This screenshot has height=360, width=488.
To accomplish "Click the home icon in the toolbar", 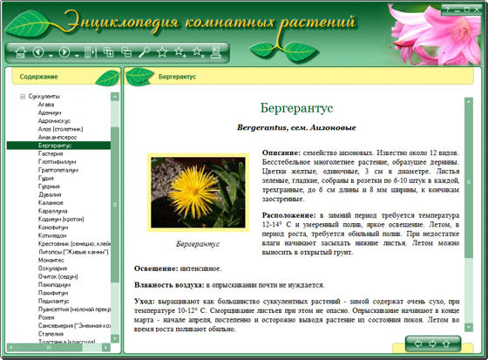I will (x=17, y=52).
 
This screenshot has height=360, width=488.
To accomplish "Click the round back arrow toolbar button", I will (x=39, y=52).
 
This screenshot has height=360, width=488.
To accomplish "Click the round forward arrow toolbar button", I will (x=64, y=52).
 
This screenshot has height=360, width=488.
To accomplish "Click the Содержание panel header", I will (x=38, y=77).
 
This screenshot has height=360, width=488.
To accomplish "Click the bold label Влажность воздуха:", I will (x=169, y=285).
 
